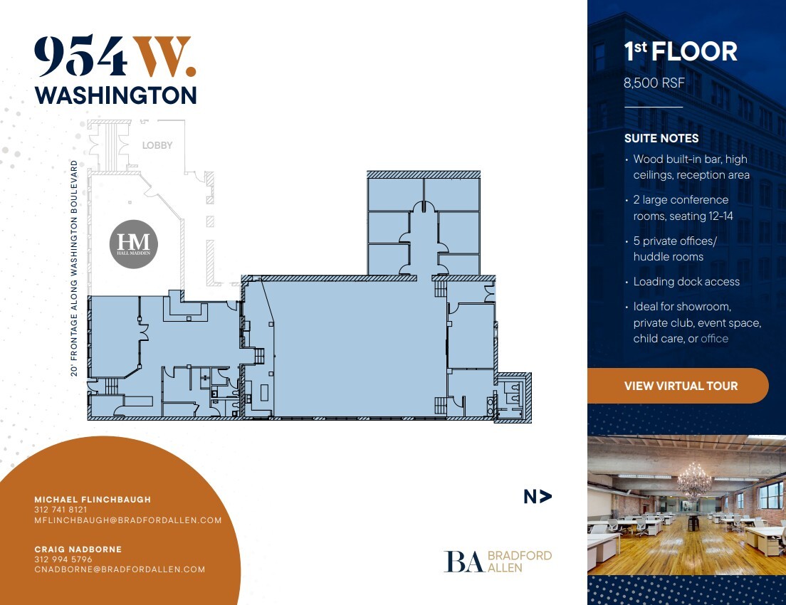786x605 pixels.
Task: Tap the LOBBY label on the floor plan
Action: pyautogui.click(x=157, y=145)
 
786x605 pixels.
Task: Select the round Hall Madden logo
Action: pyautogui.click(x=134, y=245)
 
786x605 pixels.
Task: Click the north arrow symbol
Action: pyautogui.click(x=538, y=497)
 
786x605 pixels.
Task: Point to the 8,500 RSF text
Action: pyautogui.click(x=654, y=83)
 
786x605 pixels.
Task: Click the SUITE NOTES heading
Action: pyautogui.click(x=661, y=138)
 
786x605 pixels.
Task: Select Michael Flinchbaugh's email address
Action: pyautogui.click(x=128, y=520)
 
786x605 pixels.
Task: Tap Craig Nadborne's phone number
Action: pyautogui.click(x=63, y=559)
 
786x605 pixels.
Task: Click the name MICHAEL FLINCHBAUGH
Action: pyautogui.click(x=93, y=500)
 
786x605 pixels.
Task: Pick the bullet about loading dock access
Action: pyautogui.click(x=686, y=282)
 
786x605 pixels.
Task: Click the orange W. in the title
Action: pyautogui.click(x=165, y=58)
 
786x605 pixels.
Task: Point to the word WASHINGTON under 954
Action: pyautogui.click(x=115, y=95)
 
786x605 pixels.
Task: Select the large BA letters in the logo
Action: pyautogui.click(x=464, y=562)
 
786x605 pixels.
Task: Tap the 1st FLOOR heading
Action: pyautogui.click(x=680, y=52)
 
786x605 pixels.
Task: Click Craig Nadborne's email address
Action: pyautogui.click(x=120, y=569)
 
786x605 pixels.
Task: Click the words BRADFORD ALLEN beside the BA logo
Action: pyautogui.click(x=519, y=562)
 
